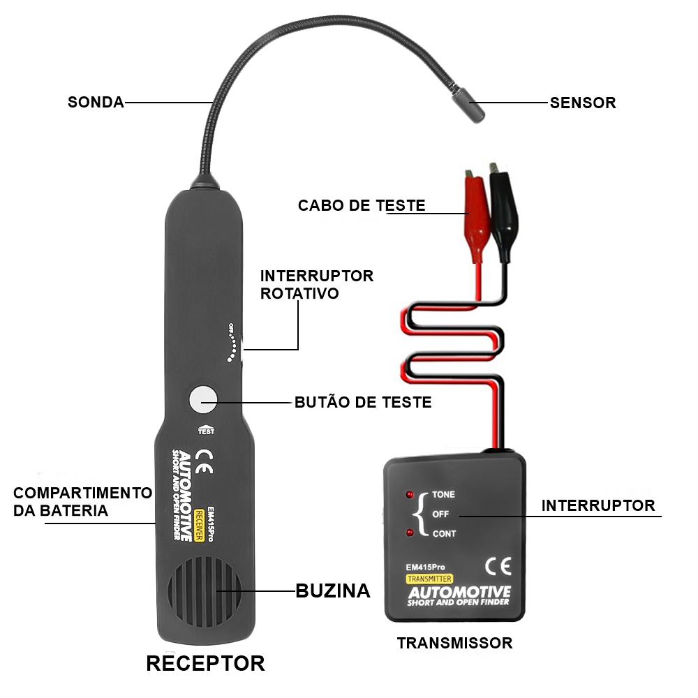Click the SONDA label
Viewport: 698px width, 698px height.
coord(96,103)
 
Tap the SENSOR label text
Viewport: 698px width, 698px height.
coord(583,103)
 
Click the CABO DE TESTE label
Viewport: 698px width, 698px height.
coord(362,206)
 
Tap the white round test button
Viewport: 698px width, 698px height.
coord(203,399)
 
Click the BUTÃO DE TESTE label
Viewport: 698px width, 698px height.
coord(363,403)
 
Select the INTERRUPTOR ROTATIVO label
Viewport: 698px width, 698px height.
coord(316,285)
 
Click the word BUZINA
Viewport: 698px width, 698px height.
coord(333,591)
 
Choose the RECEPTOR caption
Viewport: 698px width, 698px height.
coord(206,663)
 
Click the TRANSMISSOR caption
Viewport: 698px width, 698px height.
coord(454,643)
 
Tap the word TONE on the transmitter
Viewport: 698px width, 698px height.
coord(443,495)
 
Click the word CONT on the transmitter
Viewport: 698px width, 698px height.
coord(444,534)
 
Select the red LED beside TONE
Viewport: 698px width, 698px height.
coord(410,495)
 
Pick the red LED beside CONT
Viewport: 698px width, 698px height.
coord(410,533)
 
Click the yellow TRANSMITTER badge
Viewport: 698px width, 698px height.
coord(429,579)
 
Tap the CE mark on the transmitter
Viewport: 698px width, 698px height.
coord(498,567)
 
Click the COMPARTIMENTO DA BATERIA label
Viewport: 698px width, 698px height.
coord(83,502)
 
